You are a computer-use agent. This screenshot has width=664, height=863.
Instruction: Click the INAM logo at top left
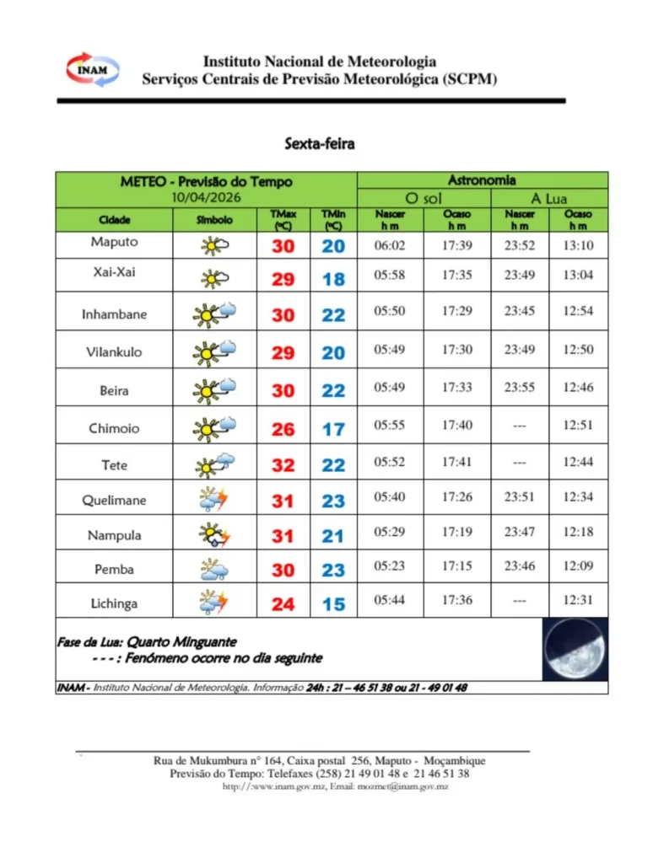92,69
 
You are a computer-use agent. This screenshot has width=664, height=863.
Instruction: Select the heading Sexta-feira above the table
319,143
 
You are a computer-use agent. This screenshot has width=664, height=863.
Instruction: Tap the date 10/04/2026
206,197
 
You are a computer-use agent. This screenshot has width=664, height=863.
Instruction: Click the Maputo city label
114,242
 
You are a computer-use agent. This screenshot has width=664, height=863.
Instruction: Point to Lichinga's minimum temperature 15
333,604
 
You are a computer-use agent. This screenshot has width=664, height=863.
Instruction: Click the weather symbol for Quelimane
213,500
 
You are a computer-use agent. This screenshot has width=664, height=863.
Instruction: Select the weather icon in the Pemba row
213,570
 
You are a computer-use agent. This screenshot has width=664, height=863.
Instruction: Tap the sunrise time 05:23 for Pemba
390,566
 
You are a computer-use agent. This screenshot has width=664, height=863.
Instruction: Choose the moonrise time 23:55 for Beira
520,388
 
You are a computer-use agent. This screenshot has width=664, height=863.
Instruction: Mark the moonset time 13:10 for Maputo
578,245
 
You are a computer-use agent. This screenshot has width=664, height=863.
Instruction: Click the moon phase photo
575,649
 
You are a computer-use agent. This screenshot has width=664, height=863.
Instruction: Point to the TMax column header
283,220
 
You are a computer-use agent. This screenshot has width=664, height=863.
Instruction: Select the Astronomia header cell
482,180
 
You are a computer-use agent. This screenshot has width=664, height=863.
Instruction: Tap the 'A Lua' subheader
548,199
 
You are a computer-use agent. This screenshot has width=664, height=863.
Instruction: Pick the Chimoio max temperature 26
283,429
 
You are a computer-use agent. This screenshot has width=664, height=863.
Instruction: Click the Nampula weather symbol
213,535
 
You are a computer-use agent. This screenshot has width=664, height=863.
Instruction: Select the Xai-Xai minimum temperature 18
333,279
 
